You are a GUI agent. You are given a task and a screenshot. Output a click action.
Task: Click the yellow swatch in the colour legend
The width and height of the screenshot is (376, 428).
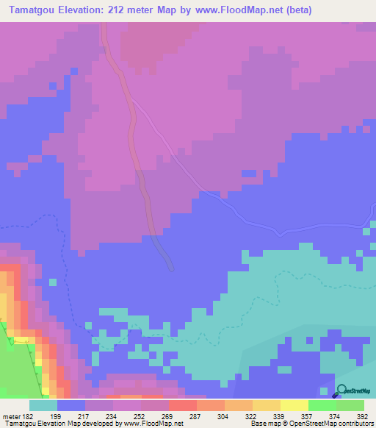[294, 405]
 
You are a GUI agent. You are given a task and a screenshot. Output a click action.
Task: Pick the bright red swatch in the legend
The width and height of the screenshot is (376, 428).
[182, 405]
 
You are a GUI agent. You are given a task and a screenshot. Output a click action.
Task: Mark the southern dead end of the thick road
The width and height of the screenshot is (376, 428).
[170, 267]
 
